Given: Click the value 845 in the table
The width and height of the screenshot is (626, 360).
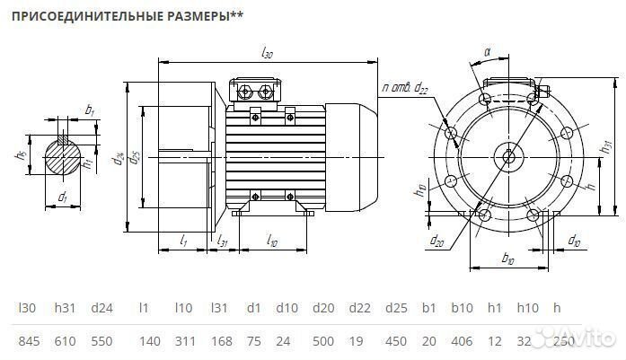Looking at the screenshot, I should [28, 341].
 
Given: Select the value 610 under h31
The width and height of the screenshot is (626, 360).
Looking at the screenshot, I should [66, 341].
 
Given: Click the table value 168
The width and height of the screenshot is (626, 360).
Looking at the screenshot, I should [218, 341].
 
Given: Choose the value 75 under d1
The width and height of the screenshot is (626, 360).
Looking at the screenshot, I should [253, 341].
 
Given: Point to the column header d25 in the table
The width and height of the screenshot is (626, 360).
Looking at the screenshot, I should [396, 308].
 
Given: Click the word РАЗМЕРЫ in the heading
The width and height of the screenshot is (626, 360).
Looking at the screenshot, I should [198, 16].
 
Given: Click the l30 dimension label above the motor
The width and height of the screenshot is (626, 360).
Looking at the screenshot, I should [267, 55].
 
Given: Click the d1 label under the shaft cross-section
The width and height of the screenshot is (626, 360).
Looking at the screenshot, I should [62, 197].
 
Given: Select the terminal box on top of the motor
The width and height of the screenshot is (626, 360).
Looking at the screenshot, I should [258, 92].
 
